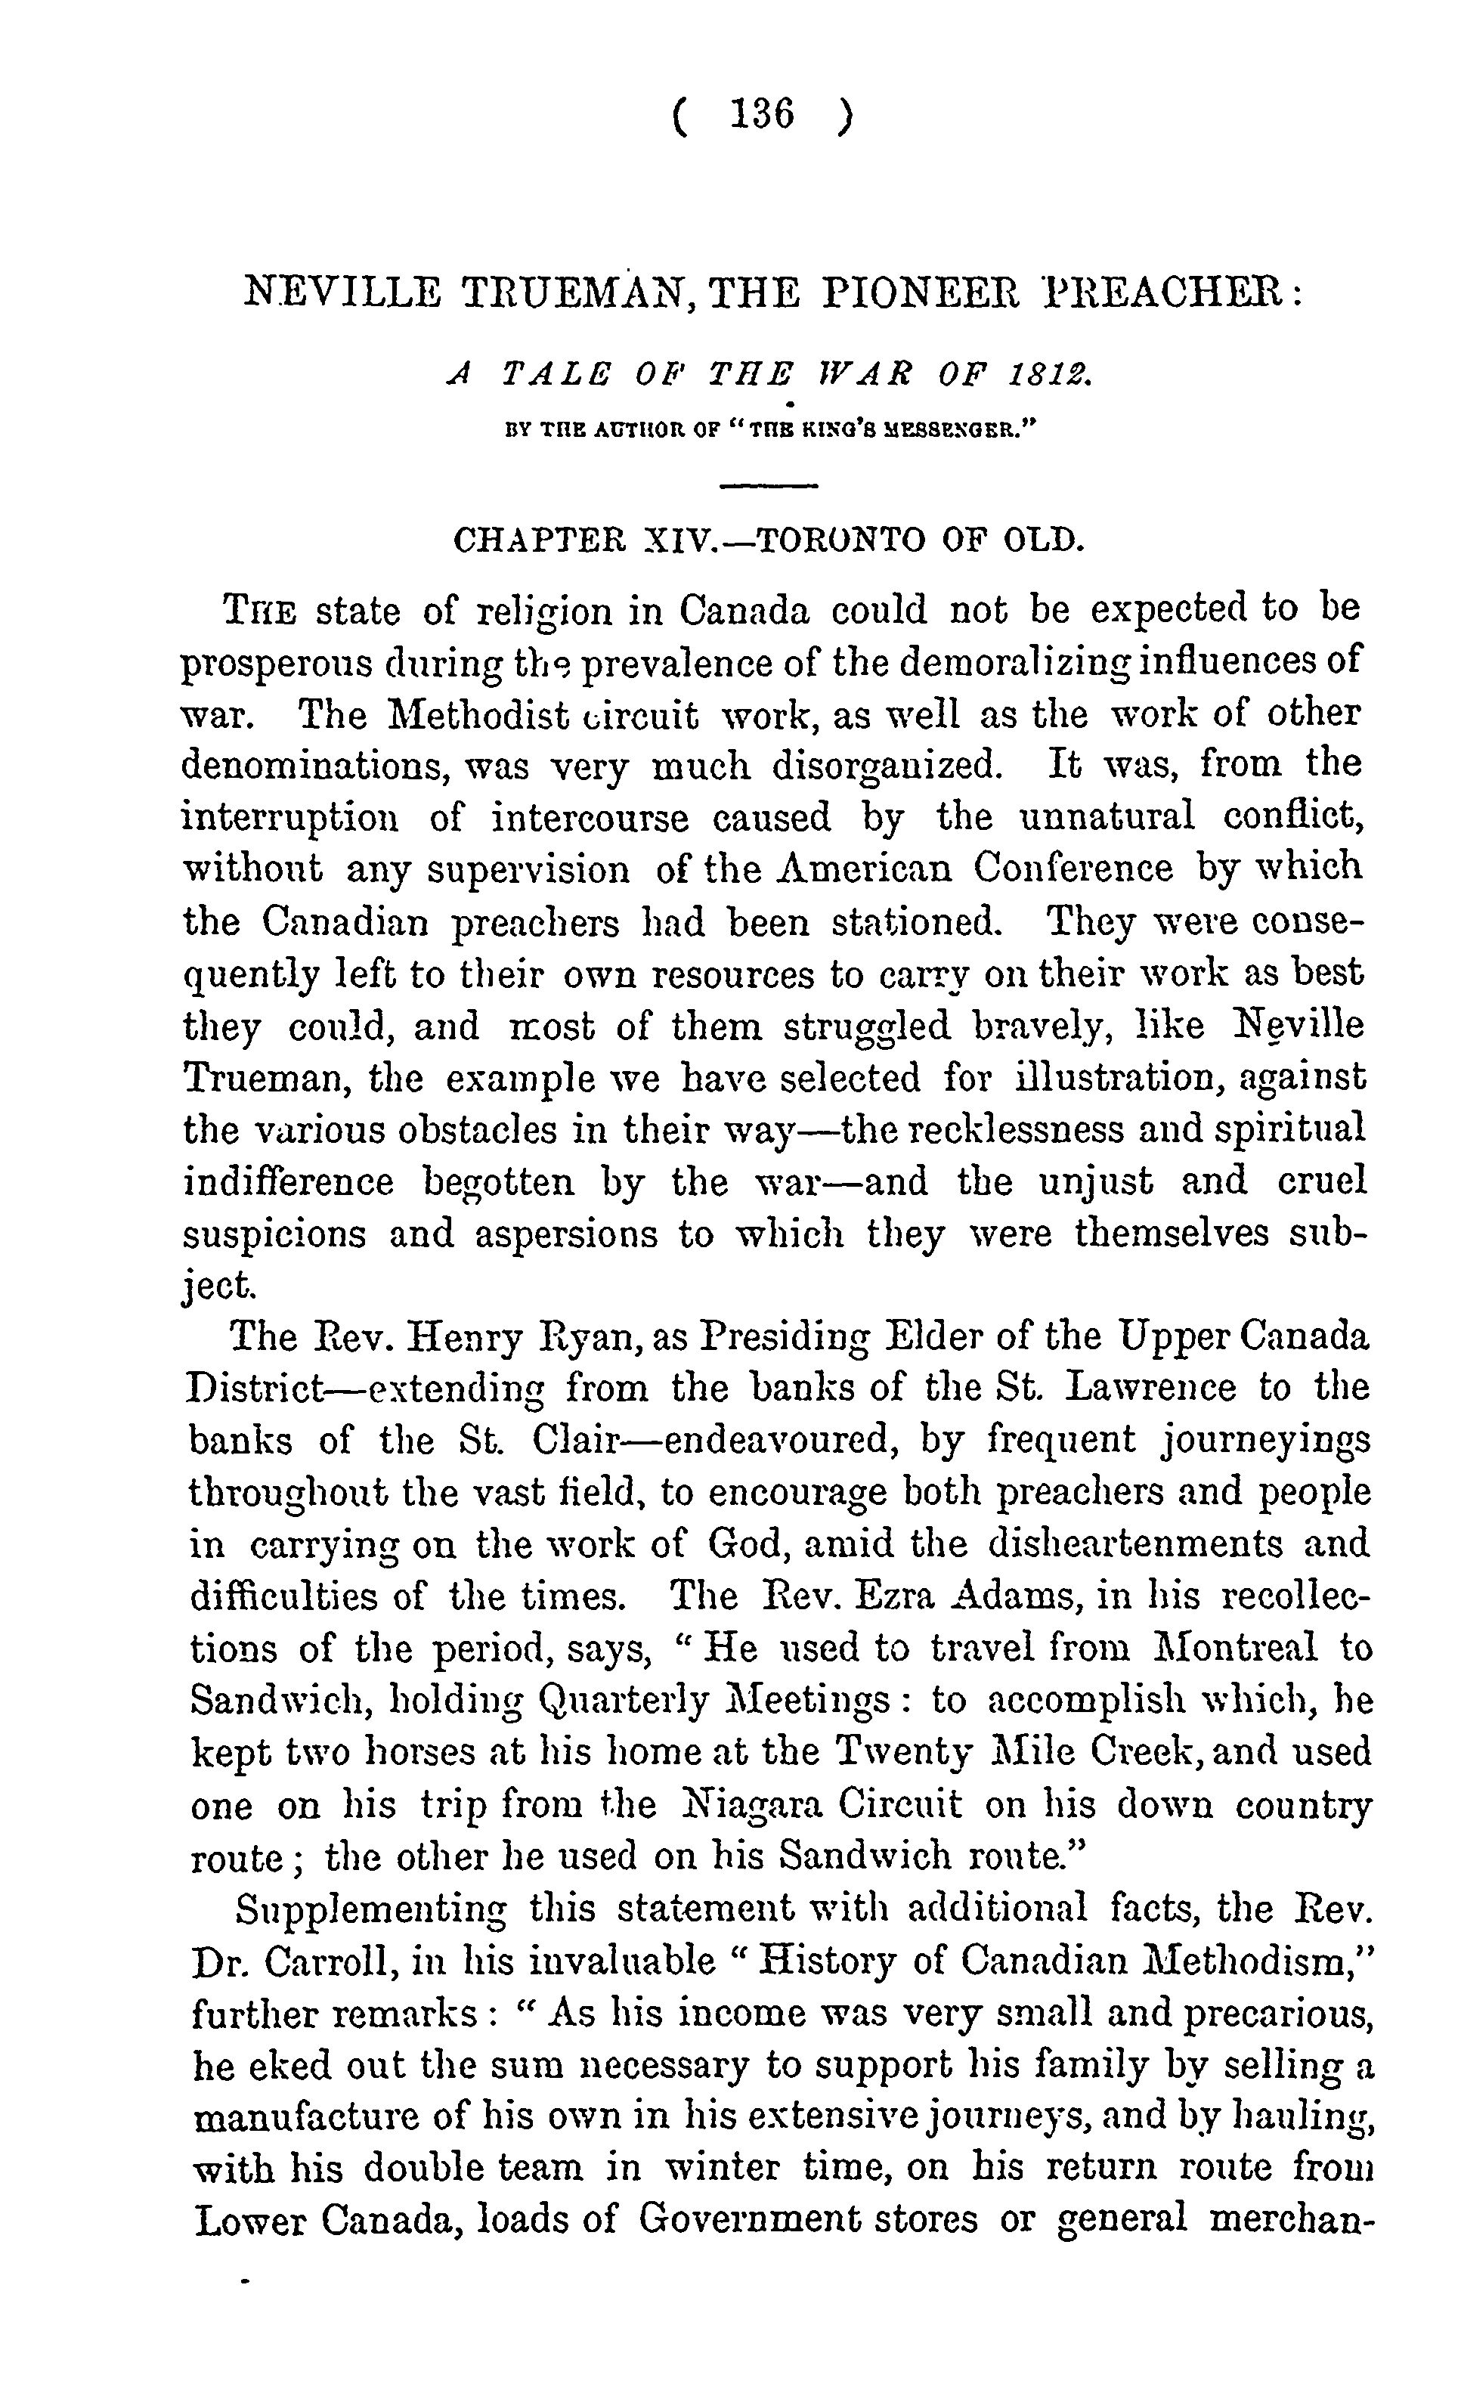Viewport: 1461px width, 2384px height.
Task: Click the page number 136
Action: (x=763, y=115)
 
